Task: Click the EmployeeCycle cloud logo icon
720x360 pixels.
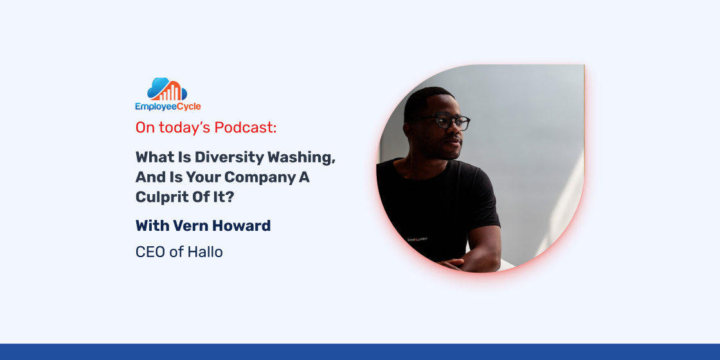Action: [x=167, y=89]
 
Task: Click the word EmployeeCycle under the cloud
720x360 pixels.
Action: [x=168, y=107]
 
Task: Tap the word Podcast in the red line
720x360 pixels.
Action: [x=246, y=128]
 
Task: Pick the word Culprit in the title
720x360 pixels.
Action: [x=161, y=197]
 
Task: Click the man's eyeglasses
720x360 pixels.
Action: [x=442, y=122]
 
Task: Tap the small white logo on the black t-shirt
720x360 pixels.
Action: [x=418, y=239]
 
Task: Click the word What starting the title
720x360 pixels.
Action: [x=154, y=157]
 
